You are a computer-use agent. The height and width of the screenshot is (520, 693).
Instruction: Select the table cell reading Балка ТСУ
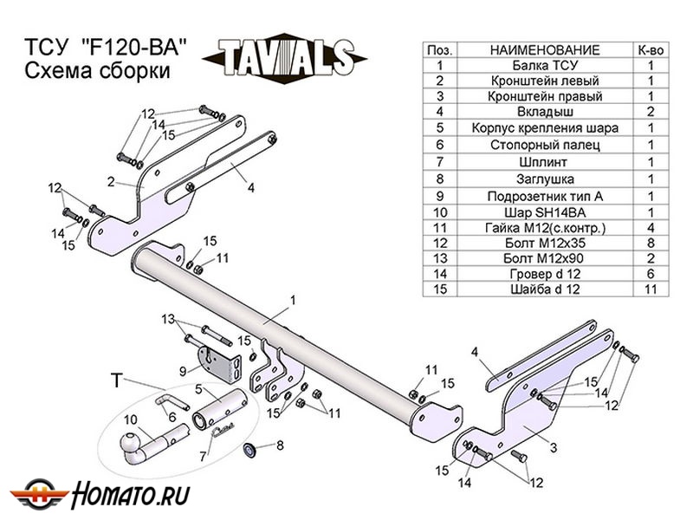tap(545, 65)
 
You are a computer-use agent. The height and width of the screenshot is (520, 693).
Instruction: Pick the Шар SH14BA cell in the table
tap(545, 211)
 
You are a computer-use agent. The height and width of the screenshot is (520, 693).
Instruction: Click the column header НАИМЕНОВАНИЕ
tap(545, 49)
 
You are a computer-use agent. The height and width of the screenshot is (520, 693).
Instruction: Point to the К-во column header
tap(651, 49)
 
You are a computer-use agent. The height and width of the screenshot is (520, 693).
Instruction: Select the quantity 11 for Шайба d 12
tap(651, 289)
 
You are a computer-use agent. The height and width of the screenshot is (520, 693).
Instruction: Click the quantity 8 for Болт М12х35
tap(651, 243)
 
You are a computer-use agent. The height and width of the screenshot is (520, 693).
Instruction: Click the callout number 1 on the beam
tap(294, 300)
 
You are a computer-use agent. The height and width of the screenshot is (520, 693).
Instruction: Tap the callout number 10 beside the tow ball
tap(130, 421)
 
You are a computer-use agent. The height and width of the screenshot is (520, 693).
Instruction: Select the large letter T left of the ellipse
tap(117, 380)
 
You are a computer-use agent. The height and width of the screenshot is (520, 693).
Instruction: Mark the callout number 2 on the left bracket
tap(111, 182)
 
